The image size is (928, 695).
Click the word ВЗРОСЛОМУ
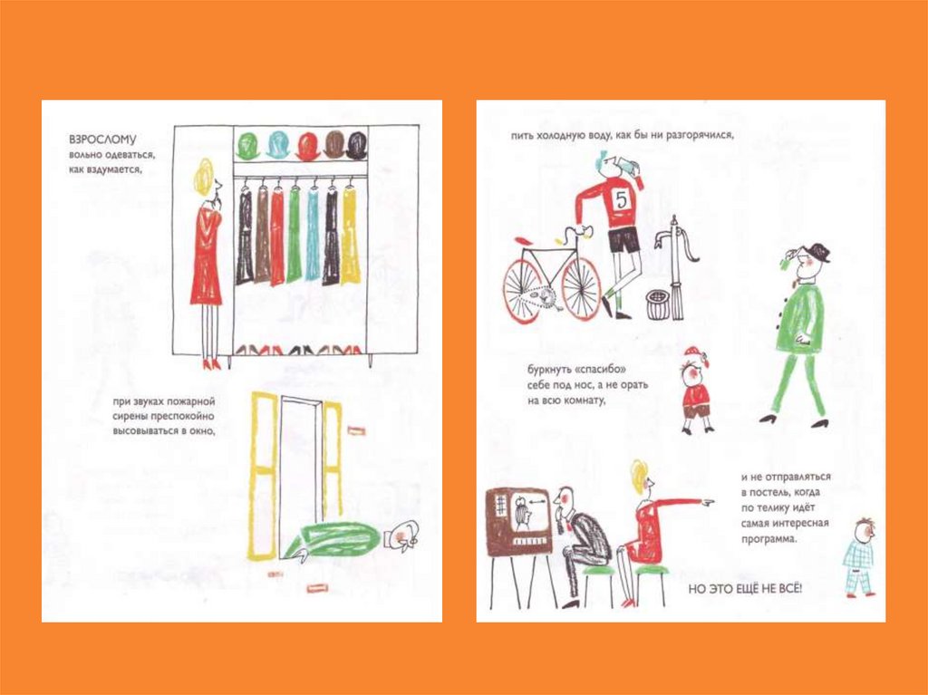102,140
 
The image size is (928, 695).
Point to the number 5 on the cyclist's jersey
622,199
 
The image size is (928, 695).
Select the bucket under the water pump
658,304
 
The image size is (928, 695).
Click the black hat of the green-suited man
817,252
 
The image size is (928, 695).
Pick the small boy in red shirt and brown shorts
696,391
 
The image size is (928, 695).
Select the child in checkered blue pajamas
859,556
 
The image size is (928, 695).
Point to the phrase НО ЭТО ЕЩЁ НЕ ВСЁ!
745,589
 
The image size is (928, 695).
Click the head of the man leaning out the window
403,536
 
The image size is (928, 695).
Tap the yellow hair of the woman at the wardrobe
203,176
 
